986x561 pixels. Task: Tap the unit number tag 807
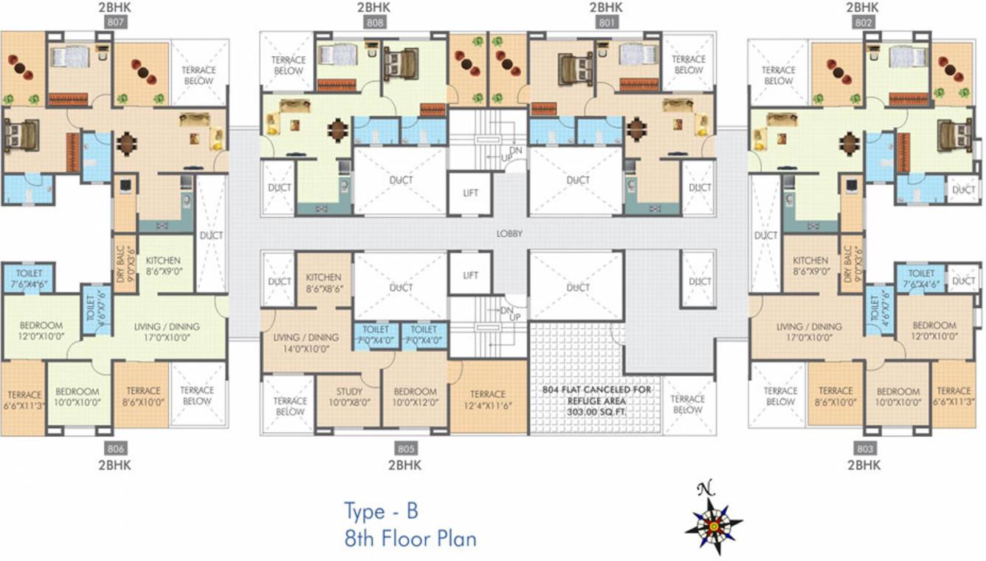[117, 22]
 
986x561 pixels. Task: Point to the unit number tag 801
[607, 22]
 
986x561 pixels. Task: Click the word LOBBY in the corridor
[509, 233]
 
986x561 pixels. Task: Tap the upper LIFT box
[470, 193]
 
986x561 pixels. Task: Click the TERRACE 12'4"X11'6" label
[487, 399]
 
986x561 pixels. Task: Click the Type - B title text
[382, 511]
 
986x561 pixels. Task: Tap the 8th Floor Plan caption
[410, 538]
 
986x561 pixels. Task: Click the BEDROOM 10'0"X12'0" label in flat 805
[415, 396]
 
